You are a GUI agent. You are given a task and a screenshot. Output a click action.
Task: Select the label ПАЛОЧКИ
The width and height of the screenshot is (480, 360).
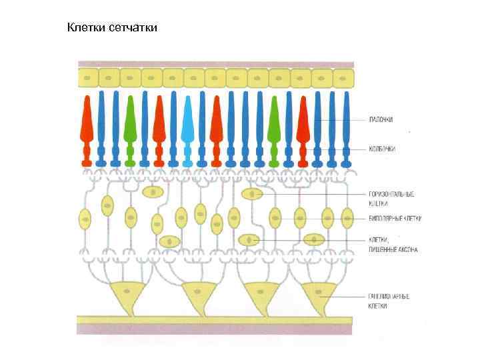[x=381, y=120]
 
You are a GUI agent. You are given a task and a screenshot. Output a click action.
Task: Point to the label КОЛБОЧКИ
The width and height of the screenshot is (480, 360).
[x=383, y=149]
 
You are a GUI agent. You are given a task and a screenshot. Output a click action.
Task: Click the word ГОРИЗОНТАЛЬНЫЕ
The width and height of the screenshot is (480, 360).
[x=391, y=194]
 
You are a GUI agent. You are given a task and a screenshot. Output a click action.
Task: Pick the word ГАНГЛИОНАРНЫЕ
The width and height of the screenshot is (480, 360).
[x=389, y=295]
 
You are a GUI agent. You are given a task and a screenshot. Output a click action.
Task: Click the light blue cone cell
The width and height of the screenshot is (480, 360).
[x=187, y=127]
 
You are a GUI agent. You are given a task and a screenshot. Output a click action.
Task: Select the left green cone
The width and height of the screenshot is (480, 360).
[x=130, y=127]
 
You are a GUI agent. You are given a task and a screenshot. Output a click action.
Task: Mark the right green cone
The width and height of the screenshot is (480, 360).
[x=273, y=127]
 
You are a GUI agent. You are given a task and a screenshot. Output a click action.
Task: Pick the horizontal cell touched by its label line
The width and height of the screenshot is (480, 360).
[x=252, y=194]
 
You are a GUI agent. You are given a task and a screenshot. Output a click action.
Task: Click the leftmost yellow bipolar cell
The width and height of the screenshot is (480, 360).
[x=85, y=217]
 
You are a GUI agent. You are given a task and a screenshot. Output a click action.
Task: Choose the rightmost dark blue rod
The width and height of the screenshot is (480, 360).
[x=346, y=127]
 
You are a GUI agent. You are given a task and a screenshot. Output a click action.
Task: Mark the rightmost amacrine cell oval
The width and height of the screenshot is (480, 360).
[x=313, y=239]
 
